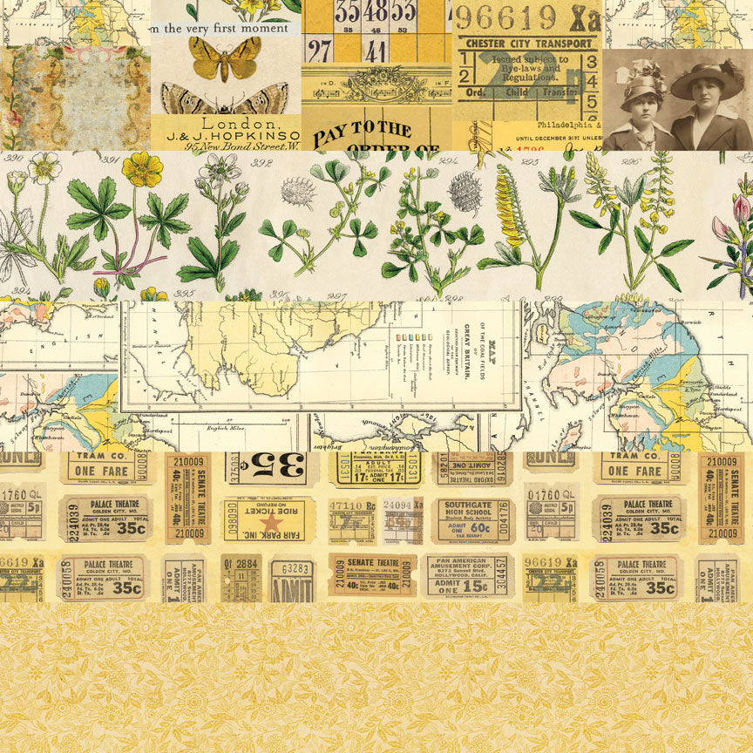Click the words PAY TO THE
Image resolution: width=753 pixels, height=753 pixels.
coord(363,132)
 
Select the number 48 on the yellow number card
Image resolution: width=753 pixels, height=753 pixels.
coord(376,11)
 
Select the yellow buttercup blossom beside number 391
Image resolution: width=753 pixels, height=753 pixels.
coord(141,168)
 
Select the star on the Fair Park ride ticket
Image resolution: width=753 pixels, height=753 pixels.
coord(271,522)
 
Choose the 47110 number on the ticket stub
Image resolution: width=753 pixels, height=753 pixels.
coord(353,505)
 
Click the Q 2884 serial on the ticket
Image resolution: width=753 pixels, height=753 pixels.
coord(240,561)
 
